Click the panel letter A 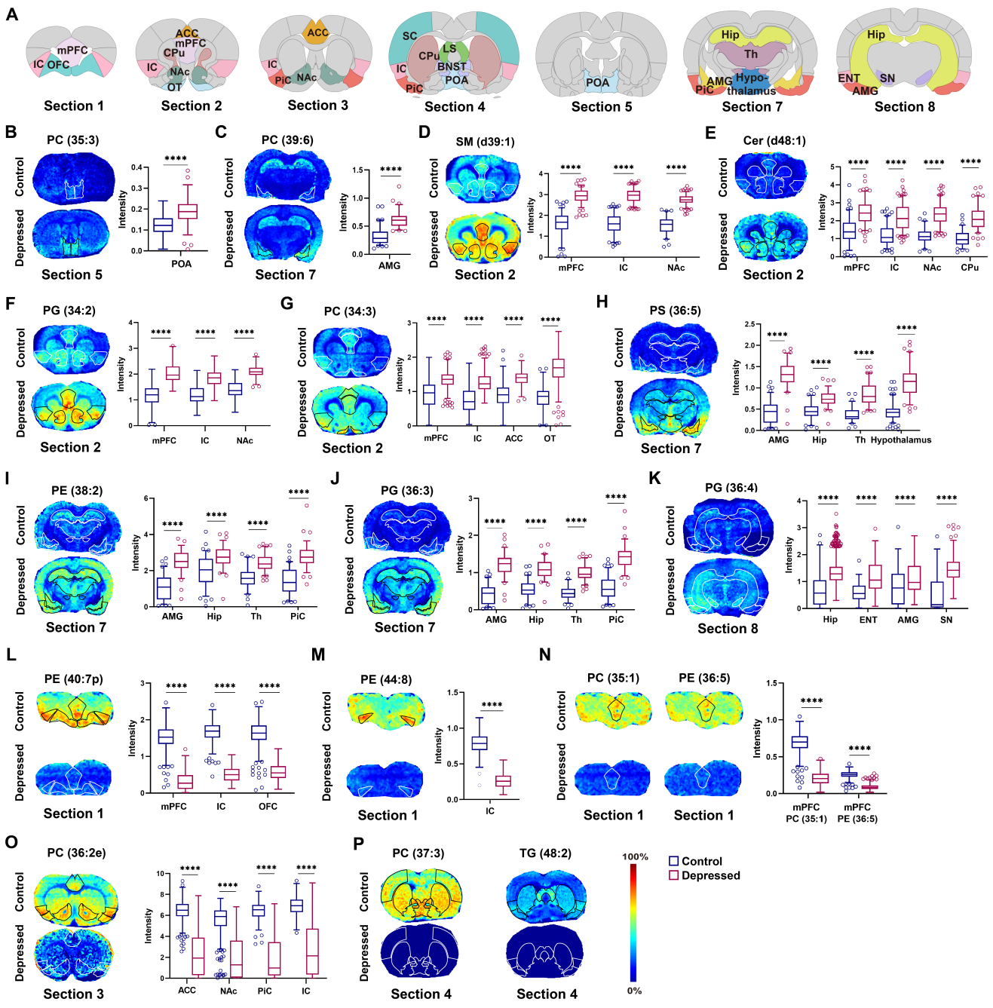[x=11, y=14]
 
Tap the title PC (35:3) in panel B [x=72, y=140]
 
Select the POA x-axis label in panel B [x=181, y=264]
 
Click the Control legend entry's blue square [x=674, y=861]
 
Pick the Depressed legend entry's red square [x=674, y=875]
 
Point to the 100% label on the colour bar [x=635, y=856]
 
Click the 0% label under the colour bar [x=635, y=991]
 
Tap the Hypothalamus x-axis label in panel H [x=901, y=440]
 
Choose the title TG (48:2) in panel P [x=545, y=853]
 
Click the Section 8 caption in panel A [x=904, y=106]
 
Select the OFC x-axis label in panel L [x=268, y=806]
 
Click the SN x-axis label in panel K [x=946, y=620]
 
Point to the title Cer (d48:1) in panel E [x=774, y=140]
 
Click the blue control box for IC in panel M [x=479, y=743]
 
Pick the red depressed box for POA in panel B [x=188, y=210]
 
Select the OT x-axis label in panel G [x=550, y=438]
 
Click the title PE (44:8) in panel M [x=386, y=679]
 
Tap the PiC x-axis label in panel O [x=265, y=991]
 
